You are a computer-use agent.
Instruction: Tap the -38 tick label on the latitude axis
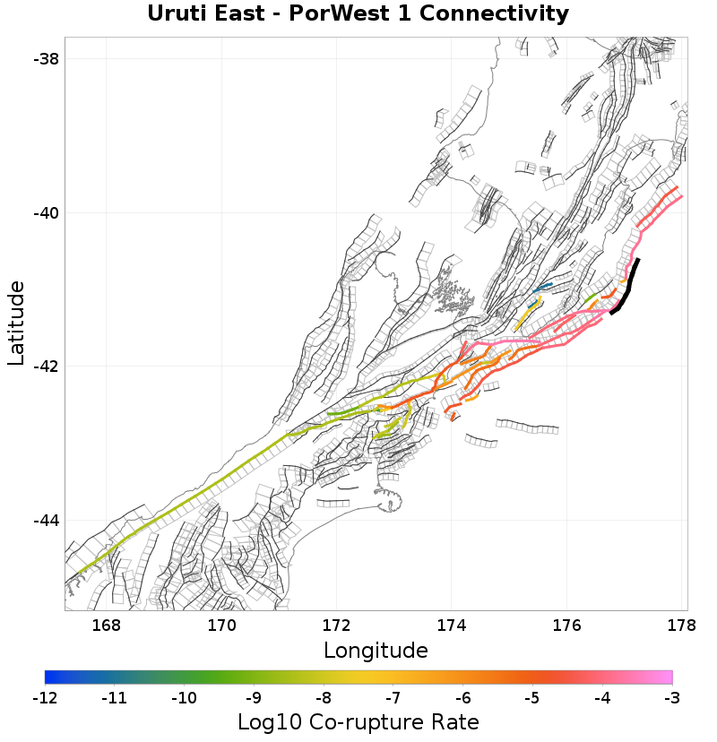(x=45, y=59)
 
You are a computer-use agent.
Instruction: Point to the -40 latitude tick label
(x=45, y=213)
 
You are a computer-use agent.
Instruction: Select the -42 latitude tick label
(x=45, y=367)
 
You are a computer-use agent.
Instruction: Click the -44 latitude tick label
(x=45, y=521)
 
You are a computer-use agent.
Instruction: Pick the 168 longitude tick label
(x=106, y=626)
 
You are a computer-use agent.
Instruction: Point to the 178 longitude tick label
(x=683, y=626)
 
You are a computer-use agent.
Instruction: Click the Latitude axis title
(x=16, y=323)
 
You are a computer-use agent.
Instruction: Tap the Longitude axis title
(x=376, y=650)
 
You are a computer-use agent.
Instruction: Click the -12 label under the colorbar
(x=45, y=696)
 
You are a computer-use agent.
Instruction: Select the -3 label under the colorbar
(x=672, y=696)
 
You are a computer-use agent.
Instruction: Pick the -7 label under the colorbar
(x=393, y=696)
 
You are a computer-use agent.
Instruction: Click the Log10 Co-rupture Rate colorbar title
(x=358, y=721)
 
